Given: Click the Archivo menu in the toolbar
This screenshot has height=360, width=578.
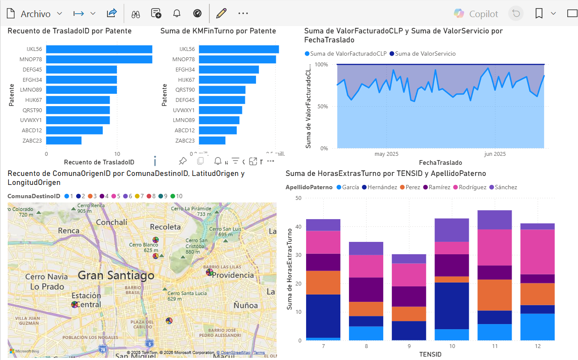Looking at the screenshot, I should pyautogui.click(x=35, y=14).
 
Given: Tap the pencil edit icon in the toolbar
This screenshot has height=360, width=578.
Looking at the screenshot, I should pyautogui.click(x=221, y=13).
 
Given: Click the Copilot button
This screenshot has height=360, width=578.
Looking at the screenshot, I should pyautogui.click(x=476, y=14).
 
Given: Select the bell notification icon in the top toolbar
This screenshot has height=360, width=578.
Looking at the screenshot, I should pyautogui.click(x=176, y=13).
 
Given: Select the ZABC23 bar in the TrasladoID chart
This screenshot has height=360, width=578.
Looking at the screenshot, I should pyautogui.click(x=64, y=140).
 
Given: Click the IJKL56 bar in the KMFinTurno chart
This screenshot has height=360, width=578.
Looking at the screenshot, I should pyautogui.click(x=239, y=49).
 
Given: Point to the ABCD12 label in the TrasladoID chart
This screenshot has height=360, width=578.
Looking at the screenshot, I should pyautogui.click(x=32, y=131).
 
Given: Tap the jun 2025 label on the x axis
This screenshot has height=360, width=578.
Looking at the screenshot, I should pyautogui.click(x=495, y=154).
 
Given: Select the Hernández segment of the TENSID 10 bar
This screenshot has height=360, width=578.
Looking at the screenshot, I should pyautogui.click(x=452, y=306).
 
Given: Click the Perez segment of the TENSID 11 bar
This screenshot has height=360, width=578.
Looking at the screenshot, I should pyautogui.click(x=495, y=295).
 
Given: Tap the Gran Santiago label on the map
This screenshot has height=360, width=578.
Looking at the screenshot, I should pyautogui.click(x=116, y=275).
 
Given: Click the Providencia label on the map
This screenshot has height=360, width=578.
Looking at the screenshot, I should pyautogui.click(x=233, y=275).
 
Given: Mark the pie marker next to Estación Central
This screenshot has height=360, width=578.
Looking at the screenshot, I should pyautogui.click(x=74, y=304).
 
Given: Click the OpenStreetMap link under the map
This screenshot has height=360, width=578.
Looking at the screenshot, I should pyautogui.click(x=233, y=353).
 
